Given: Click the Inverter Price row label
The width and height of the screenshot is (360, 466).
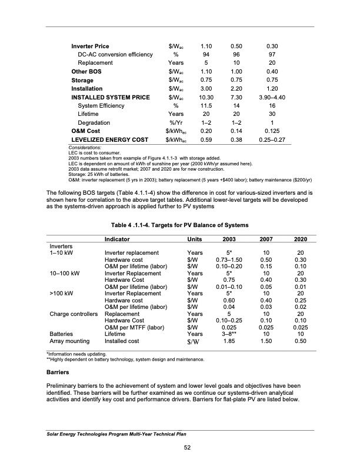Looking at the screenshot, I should coord(90,46).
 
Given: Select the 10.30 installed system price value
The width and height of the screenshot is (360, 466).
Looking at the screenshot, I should coord(206,97).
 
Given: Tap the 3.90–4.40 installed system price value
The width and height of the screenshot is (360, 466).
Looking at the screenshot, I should coord(272,97).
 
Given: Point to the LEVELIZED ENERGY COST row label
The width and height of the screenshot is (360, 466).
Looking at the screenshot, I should coord(110,140).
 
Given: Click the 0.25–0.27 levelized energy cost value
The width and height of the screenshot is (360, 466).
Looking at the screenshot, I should coord(272,140).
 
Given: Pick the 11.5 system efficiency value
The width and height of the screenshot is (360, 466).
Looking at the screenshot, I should coord(206,106).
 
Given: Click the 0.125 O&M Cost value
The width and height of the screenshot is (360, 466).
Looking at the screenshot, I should coord(272,132).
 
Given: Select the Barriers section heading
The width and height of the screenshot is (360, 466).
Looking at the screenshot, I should coord(59,372).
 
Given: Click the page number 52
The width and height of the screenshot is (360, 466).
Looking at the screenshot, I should coord(180,448).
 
